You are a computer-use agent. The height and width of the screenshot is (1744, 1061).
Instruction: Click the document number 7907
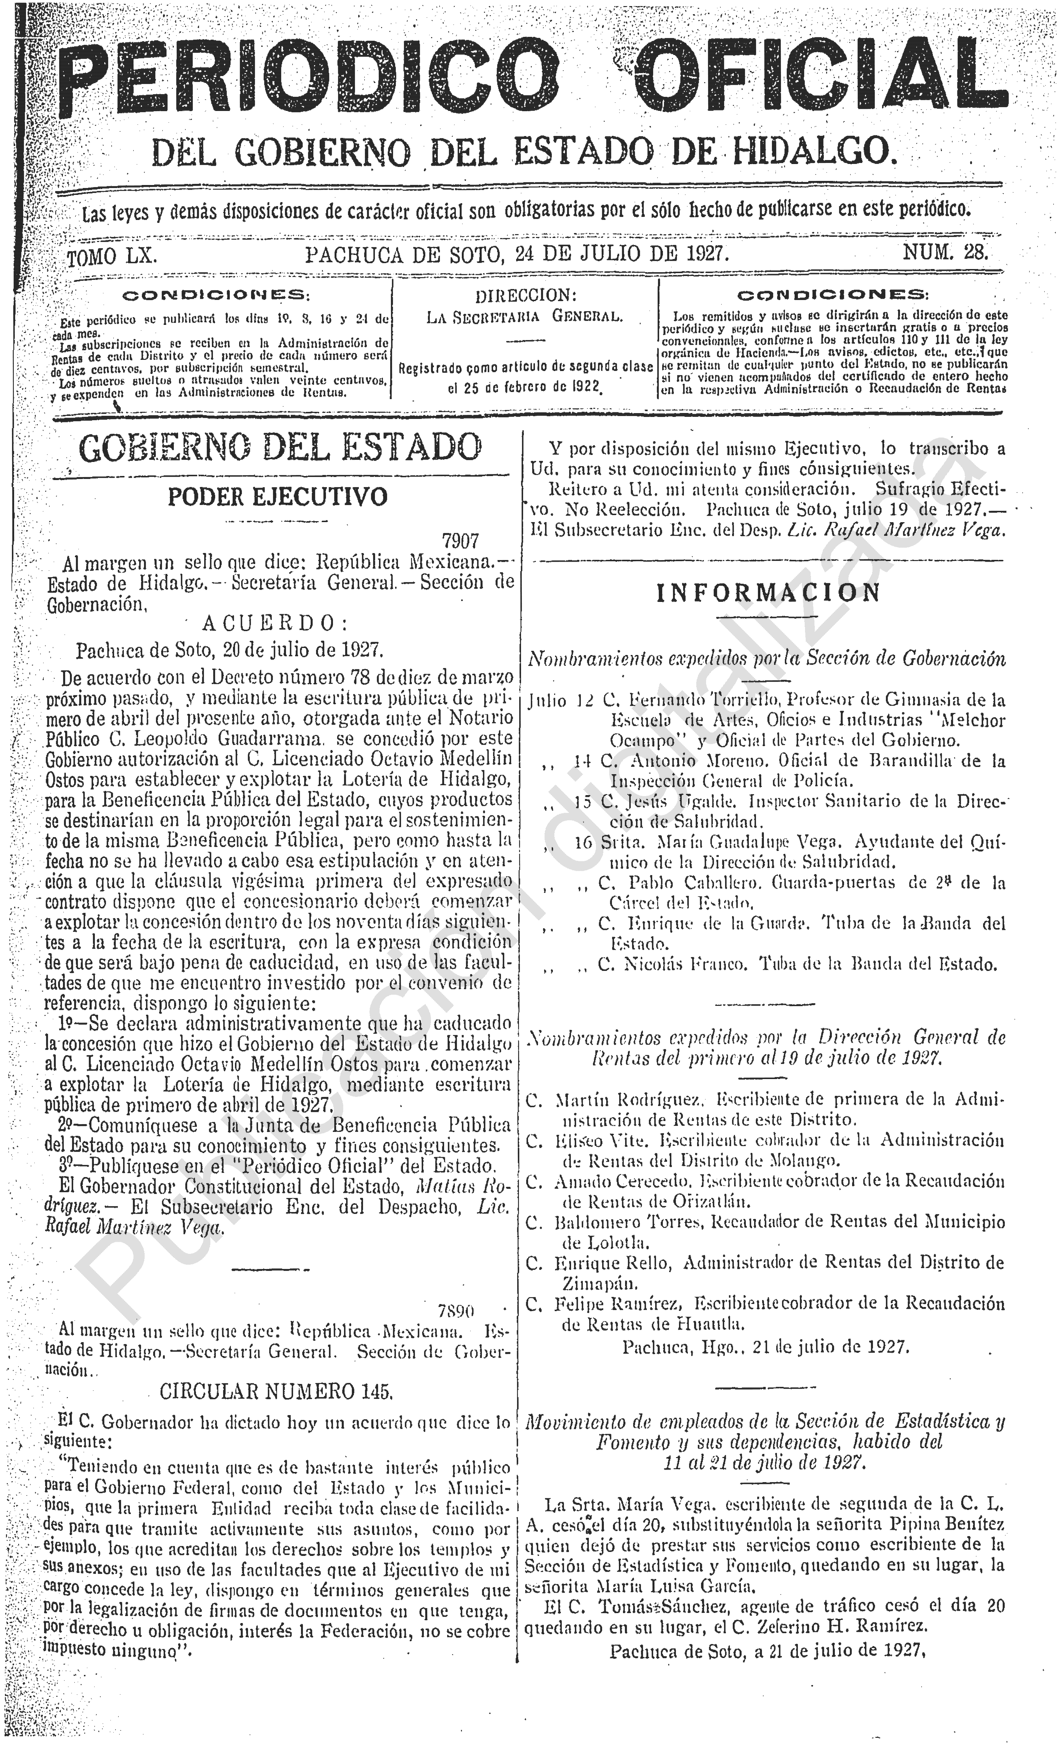460,541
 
